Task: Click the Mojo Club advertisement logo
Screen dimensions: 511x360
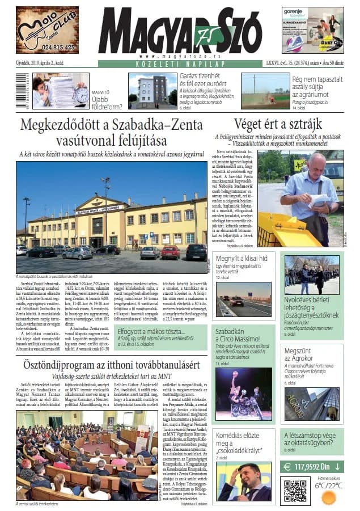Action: pos(48,29)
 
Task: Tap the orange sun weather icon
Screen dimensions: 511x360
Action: pos(328,497)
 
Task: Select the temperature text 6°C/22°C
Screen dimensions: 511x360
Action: pos(329,485)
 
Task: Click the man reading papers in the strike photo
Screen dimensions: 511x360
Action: pos(312,193)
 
